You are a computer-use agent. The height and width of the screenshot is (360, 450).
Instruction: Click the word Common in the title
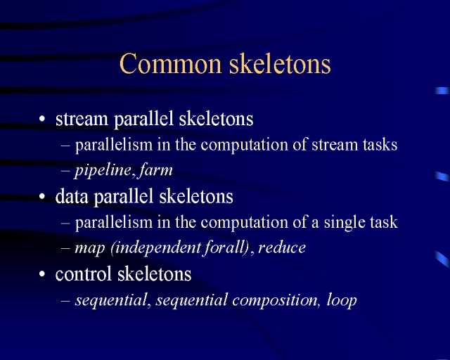pos(170,63)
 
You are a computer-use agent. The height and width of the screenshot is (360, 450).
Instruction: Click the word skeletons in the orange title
pos(280,63)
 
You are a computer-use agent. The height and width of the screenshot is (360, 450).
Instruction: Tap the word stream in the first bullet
pos(82,119)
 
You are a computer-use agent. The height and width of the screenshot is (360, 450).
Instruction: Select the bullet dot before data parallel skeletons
pos(42,197)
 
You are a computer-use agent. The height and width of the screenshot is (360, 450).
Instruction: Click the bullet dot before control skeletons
pos(42,274)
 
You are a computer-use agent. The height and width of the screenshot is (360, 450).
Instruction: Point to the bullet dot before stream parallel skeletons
pos(42,119)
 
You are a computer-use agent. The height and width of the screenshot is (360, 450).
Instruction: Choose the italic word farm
pos(155,170)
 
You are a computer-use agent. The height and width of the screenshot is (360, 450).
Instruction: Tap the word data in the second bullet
pos(72,197)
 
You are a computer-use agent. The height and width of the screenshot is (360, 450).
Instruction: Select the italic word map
pos(89,248)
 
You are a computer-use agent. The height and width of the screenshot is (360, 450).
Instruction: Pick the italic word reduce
pos(282,247)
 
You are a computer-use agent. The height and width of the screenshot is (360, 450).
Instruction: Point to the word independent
pos(155,248)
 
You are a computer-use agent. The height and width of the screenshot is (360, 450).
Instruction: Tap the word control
pos(83,274)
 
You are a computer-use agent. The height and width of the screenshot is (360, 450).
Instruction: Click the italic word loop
pos(342,300)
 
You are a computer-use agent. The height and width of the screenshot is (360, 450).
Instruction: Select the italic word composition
pos(275,300)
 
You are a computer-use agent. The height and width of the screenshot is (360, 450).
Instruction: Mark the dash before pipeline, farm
pos(65,171)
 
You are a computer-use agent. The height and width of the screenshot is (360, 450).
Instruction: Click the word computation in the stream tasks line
pos(244,146)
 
